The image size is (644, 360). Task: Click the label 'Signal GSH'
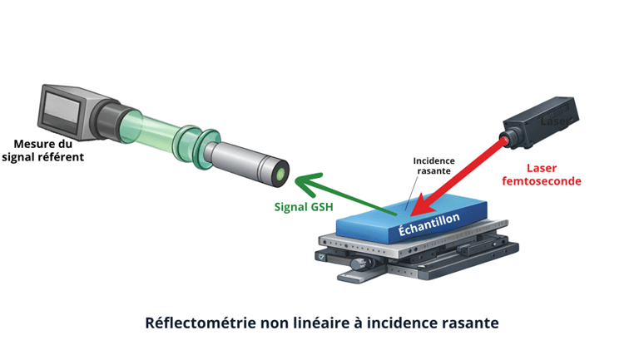(x=304, y=207)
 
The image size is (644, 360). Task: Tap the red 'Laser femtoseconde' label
(x=542, y=175)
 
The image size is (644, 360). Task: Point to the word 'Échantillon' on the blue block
(x=429, y=224)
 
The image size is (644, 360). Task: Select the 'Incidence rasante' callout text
(x=433, y=165)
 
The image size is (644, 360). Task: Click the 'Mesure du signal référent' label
(x=42, y=150)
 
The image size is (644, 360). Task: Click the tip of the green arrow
(x=295, y=179)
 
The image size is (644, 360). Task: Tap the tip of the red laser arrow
(x=411, y=215)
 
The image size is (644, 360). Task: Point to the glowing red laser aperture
(x=505, y=141)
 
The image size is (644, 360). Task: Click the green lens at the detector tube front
(x=281, y=175)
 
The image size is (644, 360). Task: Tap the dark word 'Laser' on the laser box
(x=554, y=121)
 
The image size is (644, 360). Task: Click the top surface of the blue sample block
(x=411, y=210)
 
